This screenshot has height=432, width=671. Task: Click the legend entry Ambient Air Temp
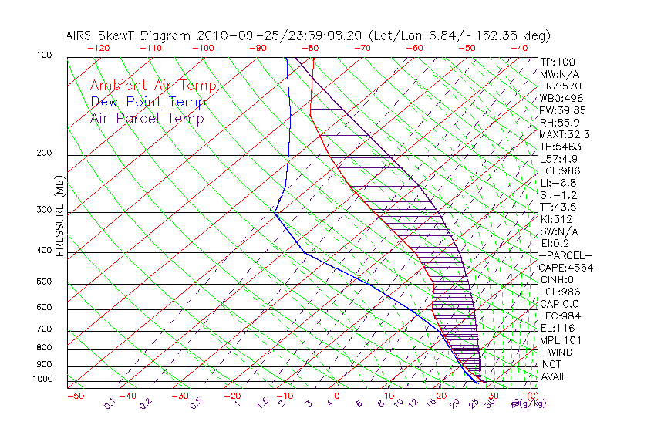(153, 86)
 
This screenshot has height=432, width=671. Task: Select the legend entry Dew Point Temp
(148, 102)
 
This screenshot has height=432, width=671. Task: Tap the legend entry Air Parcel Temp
(147, 118)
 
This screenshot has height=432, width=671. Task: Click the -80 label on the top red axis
(311, 48)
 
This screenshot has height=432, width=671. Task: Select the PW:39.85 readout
(564, 110)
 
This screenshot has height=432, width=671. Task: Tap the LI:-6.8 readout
(559, 183)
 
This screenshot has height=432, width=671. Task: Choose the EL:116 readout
(558, 328)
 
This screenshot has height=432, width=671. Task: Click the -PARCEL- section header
(565, 255)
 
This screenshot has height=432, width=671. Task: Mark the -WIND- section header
(560, 352)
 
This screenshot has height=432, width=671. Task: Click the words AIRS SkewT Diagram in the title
(130, 35)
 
